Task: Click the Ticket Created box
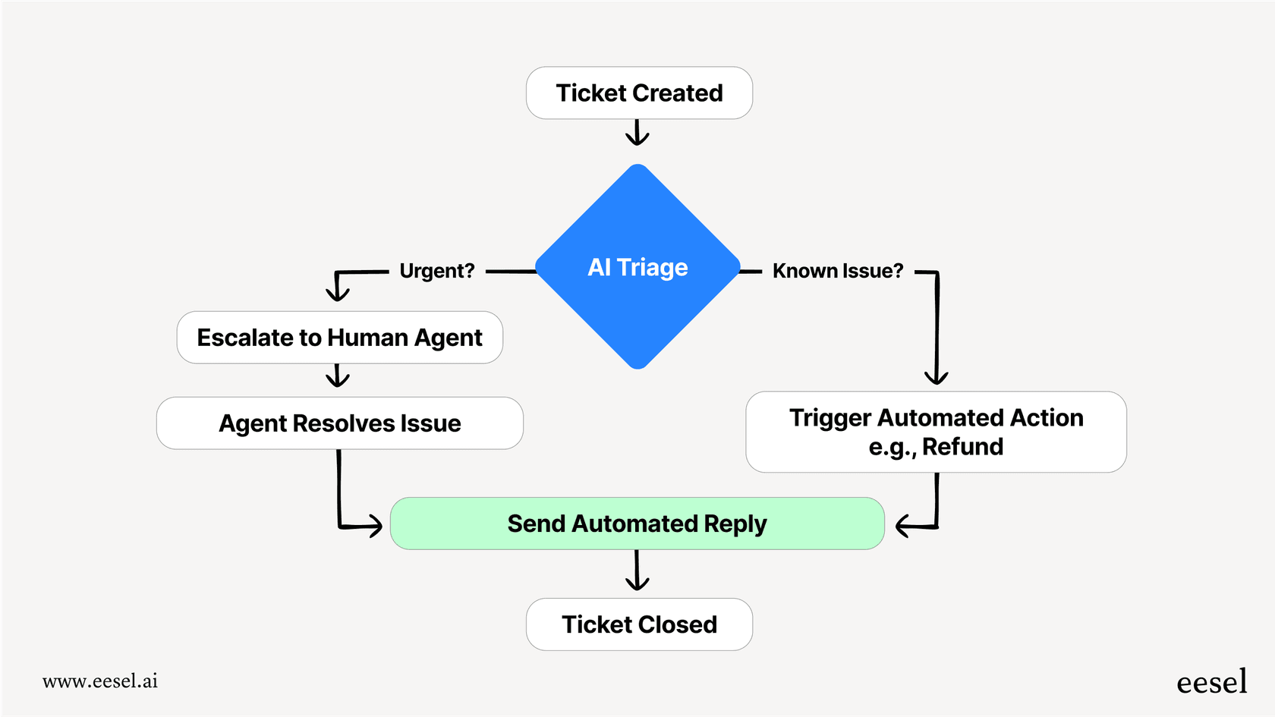click(x=639, y=93)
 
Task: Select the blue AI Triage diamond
click(x=637, y=267)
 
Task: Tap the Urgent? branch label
click(x=436, y=271)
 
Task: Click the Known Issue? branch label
click(x=838, y=271)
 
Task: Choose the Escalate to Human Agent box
click(x=339, y=338)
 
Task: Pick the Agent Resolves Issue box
click(x=339, y=423)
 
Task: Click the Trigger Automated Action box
click(x=936, y=432)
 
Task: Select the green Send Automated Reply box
click(x=637, y=524)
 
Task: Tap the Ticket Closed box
click(x=639, y=624)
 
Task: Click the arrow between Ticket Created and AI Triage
click(x=637, y=133)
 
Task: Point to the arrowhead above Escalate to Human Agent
click(x=337, y=292)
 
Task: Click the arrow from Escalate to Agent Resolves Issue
click(x=337, y=376)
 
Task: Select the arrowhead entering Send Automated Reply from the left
click(x=374, y=525)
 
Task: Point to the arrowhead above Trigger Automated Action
click(x=937, y=376)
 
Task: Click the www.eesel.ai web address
click(x=100, y=681)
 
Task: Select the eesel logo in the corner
click(x=1211, y=682)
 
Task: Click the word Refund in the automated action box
click(x=962, y=447)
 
